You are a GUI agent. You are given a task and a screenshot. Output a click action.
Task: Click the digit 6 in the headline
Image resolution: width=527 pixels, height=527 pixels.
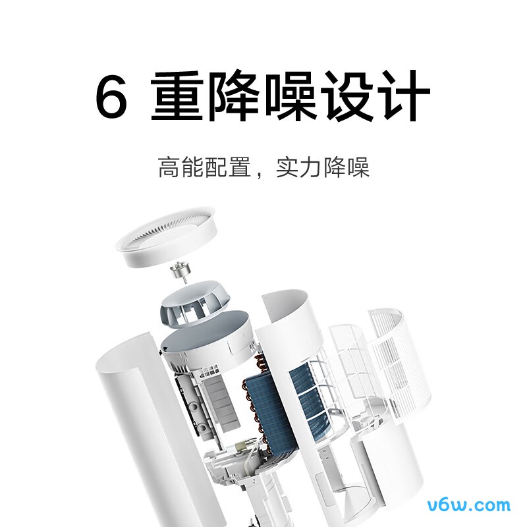pyautogui.click(x=113, y=97)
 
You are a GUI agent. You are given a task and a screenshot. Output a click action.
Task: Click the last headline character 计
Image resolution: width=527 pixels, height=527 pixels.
pyautogui.click(x=403, y=97)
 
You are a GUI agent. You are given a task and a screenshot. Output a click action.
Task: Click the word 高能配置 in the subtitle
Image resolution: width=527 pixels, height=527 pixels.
pyautogui.click(x=204, y=167)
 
